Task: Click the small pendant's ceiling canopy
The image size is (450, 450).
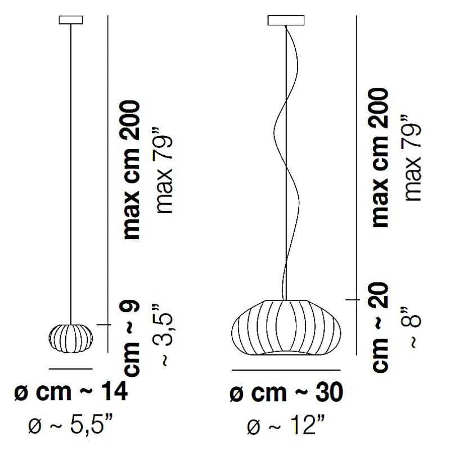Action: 71,20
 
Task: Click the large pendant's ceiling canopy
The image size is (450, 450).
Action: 286,20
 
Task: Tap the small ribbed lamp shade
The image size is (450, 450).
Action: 71,339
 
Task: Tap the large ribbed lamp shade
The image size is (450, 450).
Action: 286,327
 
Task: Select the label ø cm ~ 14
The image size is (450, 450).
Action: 71,391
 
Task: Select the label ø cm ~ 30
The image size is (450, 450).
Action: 286,393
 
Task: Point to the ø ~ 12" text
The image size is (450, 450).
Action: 286,425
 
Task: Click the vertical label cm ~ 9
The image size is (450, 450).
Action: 130,338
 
